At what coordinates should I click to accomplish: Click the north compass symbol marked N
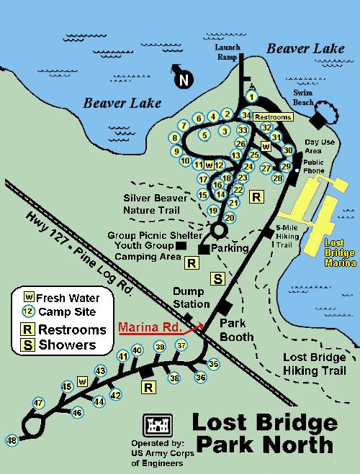click(183, 79)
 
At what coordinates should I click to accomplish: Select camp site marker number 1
click(252, 96)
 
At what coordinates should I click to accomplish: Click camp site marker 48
click(12, 440)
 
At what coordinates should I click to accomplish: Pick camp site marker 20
click(230, 217)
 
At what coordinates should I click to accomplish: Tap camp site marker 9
click(176, 151)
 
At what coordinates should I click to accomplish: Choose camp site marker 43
click(100, 371)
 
